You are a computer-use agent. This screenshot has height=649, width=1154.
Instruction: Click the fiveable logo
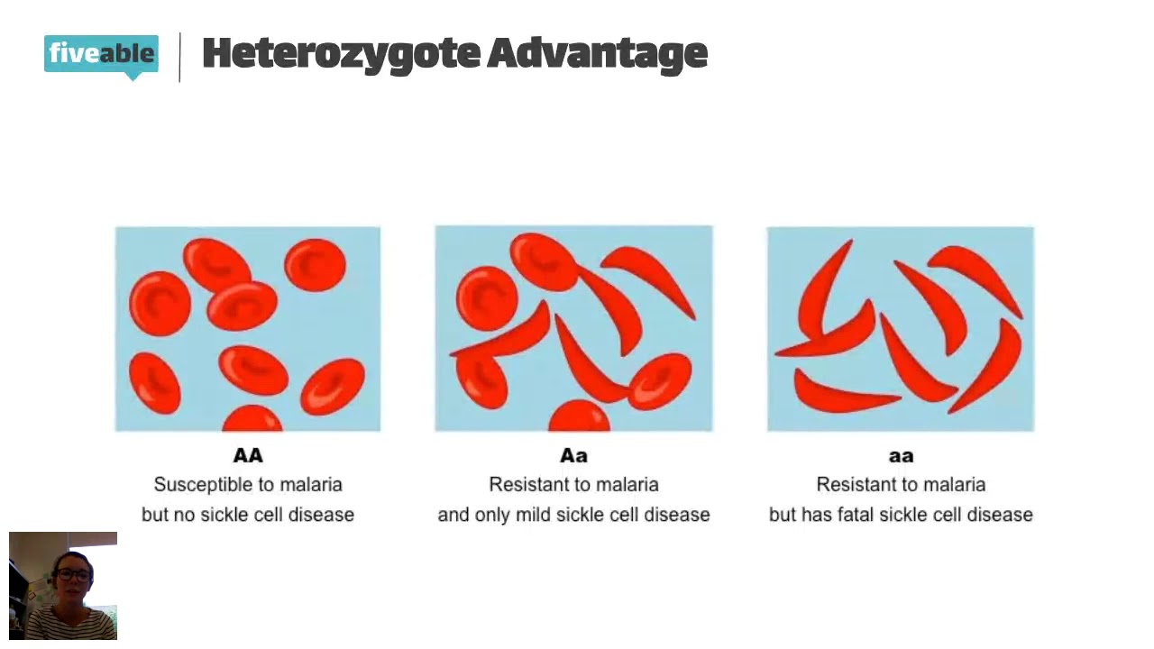[x=101, y=54]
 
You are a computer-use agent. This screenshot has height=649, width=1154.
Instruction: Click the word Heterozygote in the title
[x=340, y=54]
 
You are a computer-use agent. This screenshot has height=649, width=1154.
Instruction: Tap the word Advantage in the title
[x=597, y=54]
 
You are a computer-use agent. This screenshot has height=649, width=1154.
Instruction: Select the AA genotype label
[x=248, y=456]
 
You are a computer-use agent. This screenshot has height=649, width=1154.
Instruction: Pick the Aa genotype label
[x=573, y=456]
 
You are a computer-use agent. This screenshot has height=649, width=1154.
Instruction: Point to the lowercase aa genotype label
[x=901, y=456]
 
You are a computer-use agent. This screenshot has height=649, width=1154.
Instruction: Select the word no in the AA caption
[x=188, y=515]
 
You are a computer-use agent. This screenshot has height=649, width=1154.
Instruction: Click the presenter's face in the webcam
[x=72, y=577]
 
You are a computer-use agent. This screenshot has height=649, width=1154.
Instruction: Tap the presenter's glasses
[x=72, y=573]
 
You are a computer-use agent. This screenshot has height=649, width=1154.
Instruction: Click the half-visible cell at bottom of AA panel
[x=252, y=419]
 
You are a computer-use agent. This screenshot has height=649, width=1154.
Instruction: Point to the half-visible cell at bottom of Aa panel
[x=579, y=417]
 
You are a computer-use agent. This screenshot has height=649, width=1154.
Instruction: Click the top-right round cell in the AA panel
[x=315, y=265]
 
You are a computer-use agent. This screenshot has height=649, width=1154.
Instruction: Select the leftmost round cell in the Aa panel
[x=487, y=297]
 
